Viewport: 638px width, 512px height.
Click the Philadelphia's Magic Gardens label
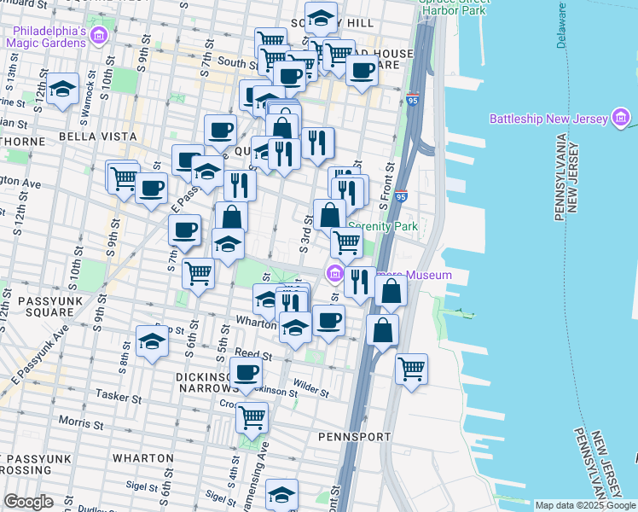pyautogui.click(x=47, y=37)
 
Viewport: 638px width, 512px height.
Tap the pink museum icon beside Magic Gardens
pyautogui.click(x=99, y=37)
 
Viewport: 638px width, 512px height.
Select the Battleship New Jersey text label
pyautogui.click(x=548, y=118)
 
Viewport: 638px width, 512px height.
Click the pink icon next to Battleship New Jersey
pyautogui.click(x=622, y=119)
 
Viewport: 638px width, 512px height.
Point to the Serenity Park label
pyautogui.click(x=384, y=227)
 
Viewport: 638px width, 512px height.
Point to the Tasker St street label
pyautogui.click(x=119, y=397)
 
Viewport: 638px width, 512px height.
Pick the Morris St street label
pyautogui.click(x=82, y=422)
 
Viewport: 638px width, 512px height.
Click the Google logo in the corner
pyautogui.click(x=29, y=502)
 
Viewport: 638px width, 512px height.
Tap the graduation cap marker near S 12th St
pyautogui.click(x=62, y=90)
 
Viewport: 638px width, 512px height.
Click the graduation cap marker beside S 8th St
pyautogui.click(x=151, y=343)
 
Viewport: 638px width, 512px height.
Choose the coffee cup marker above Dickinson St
pyautogui.click(x=246, y=372)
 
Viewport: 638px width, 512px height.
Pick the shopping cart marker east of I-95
pyautogui.click(x=411, y=369)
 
